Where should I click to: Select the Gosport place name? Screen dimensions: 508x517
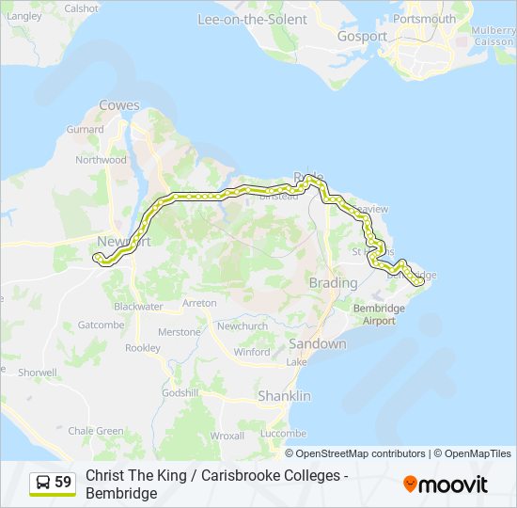(362, 37)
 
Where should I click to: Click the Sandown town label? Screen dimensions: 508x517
(317, 344)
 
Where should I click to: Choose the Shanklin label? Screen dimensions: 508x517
(284, 396)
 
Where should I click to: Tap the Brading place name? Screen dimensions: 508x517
(333, 283)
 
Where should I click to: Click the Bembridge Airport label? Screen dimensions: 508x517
(380, 314)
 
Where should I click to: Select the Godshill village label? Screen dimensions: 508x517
(180, 392)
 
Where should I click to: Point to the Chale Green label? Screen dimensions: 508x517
(96, 431)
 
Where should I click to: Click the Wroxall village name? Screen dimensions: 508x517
(227, 436)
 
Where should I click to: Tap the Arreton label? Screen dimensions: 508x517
(199, 303)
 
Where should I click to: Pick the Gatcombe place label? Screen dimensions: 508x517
(101, 325)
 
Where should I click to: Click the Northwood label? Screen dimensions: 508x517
(101, 160)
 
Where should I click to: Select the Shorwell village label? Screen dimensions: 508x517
(37, 373)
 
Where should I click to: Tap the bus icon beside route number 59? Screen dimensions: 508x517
(43, 483)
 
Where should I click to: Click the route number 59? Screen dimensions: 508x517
(63, 483)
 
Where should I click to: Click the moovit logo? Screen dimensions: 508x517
(446, 484)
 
